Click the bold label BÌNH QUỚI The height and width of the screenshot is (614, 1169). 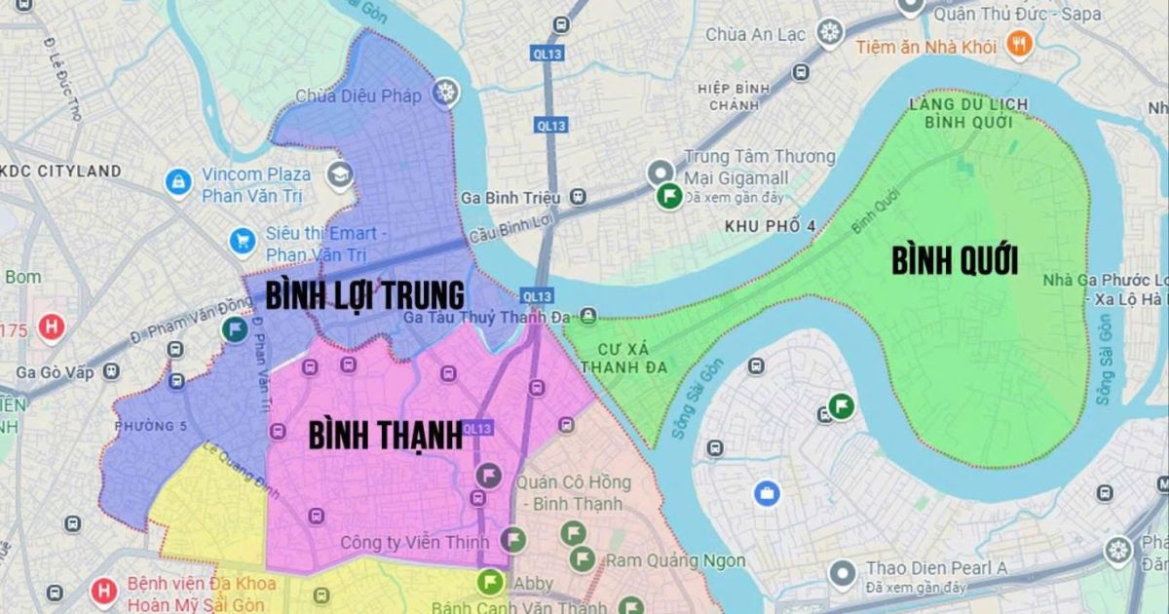pyautogui.click(x=955, y=261)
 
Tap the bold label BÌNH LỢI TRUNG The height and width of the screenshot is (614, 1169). pyautogui.click(x=364, y=293)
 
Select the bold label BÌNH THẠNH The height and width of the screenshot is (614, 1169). pyautogui.click(x=385, y=435)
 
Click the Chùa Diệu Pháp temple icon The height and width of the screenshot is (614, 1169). pyautogui.click(x=446, y=93)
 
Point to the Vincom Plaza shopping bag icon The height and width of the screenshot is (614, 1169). pyautogui.click(x=178, y=181)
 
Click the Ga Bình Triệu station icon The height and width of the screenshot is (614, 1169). pyautogui.click(x=580, y=198)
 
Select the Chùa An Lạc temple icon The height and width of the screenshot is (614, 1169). pyautogui.click(x=829, y=33)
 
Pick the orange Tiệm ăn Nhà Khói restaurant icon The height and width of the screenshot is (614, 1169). pyautogui.click(x=1019, y=44)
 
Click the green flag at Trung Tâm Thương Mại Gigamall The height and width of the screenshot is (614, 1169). pyautogui.click(x=667, y=196)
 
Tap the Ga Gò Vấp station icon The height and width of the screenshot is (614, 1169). pyautogui.click(x=111, y=371)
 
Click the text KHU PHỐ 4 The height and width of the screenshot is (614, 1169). pyautogui.click(x=770, y=226)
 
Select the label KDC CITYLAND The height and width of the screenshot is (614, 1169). pyautogui.click(x=63, y=171)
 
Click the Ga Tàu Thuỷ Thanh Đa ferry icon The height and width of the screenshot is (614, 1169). pyautogui.click(x=588, y=316)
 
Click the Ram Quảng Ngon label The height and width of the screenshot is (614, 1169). pyautogui.click(x=675, y=560)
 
